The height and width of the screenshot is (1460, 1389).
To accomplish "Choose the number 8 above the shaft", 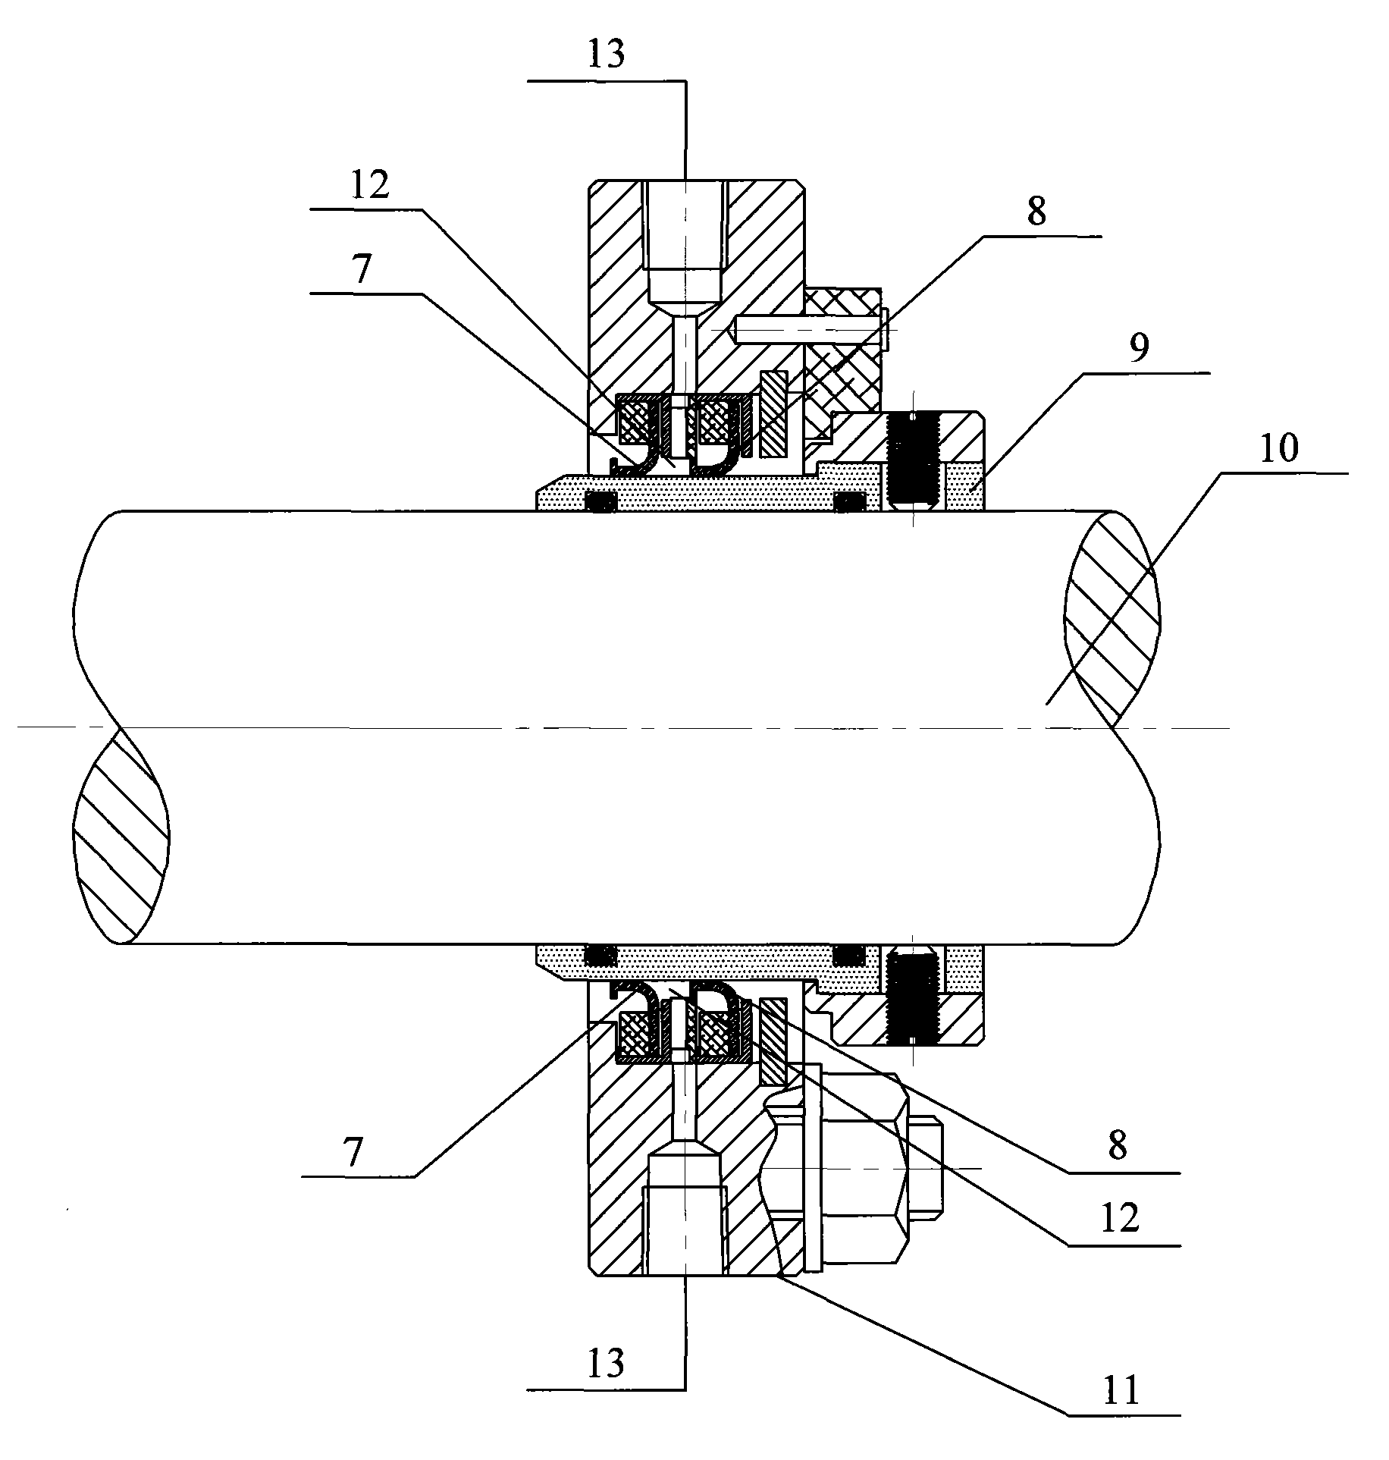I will click(1036, 213).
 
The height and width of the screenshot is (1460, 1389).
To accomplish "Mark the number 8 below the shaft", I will click(1117, 1148).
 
